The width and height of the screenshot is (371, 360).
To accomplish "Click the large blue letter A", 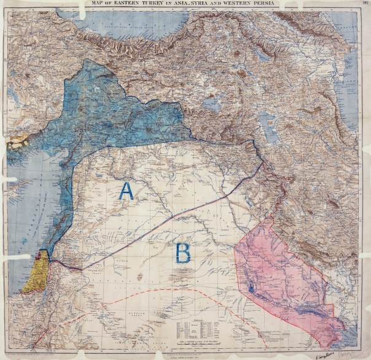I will [x=126, y=191].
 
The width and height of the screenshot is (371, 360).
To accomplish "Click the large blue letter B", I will [x=182, y=252].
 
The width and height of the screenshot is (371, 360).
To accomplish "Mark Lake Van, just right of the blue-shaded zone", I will [x=211, y=104].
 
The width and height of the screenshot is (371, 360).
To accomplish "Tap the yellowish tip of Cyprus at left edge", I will [x=18, y=140].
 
